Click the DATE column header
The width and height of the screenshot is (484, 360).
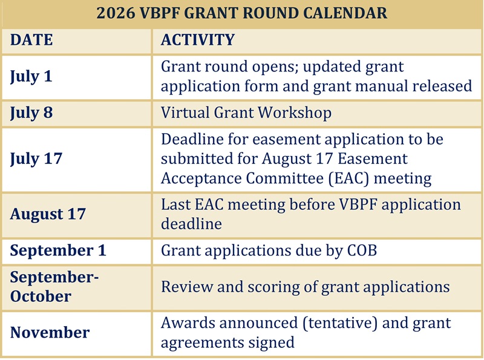(31, 40)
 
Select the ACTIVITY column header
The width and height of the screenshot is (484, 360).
(198, 40)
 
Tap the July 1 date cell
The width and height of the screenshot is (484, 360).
(31, 77)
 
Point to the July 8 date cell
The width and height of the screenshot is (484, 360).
(31, 113)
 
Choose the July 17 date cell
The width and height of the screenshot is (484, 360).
(36, 159)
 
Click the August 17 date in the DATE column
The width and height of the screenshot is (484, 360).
(48, 214)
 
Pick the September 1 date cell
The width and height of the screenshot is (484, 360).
(58, 250)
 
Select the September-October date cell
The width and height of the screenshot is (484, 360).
(54, 287)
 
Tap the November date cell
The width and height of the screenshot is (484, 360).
(50, 333)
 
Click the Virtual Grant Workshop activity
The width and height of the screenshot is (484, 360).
(246, 113)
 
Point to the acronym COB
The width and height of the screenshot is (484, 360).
(362, 250)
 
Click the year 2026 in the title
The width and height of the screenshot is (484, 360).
(116, 13)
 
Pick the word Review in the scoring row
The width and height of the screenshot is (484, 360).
(187, 287)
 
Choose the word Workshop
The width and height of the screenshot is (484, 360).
(295, 113)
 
